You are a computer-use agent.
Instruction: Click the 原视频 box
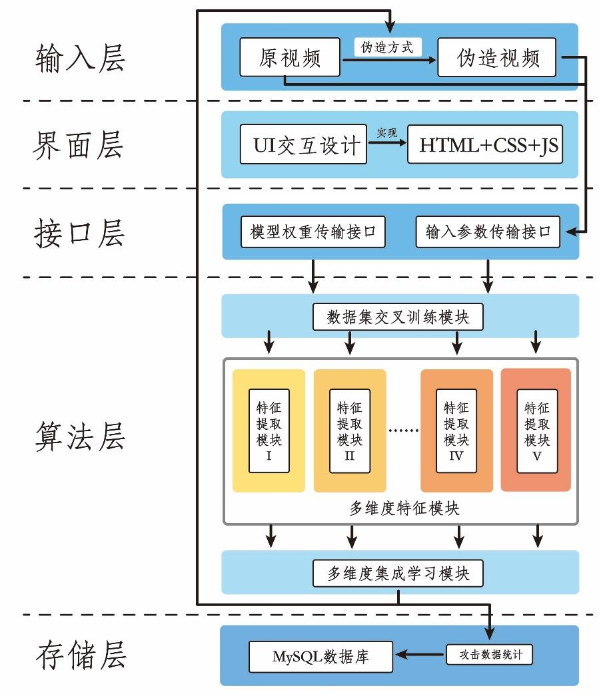(x=290, y=58)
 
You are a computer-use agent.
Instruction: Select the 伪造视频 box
(x=497, y=58)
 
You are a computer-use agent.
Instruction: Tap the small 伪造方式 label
(x=387, y=47)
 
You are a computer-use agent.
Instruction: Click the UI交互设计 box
(x=303, y=144)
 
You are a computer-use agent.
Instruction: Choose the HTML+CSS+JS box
(x=485, y=144)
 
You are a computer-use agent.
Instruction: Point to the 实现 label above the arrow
(x=387, y=133)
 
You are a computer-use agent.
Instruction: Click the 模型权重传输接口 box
(x=313, y=232)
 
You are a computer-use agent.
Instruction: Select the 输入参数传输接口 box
(x=488, y=232)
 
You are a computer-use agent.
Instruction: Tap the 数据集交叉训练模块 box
(x=398, y=317)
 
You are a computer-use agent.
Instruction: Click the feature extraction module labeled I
(x=269, y=431)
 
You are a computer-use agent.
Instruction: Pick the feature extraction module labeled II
(x=349, y=431)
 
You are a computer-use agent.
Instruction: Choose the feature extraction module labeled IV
(x=456, y=431)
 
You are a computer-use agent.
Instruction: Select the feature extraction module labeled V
(x=536, y=431)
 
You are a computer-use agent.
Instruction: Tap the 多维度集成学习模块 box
(x=398, y=573)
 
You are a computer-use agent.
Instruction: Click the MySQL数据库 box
(x=321, y=657)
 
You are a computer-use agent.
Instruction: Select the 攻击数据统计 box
(x=490, y=655)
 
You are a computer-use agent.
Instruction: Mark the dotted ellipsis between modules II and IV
(x=403, y=431)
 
